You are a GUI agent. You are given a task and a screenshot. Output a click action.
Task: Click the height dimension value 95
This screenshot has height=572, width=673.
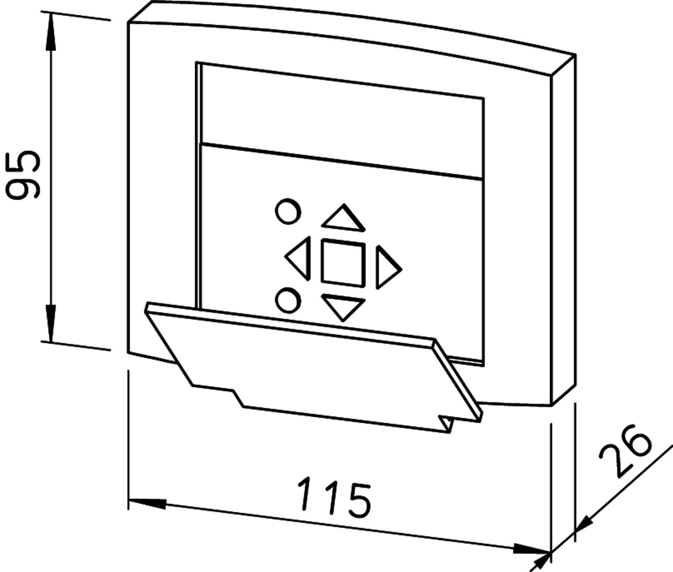pos(23,174)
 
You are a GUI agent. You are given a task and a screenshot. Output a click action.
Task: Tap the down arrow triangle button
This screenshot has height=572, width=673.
pos(343,306)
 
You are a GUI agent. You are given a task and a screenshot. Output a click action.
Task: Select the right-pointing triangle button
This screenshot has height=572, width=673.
pos(388,267)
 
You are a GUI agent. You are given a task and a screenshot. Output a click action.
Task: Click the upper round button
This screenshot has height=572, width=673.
pos(288,211)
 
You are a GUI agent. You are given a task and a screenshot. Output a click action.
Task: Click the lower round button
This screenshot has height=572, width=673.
pos(288,300)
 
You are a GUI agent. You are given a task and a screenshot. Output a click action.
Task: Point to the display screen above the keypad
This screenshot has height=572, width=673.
pos(342,121)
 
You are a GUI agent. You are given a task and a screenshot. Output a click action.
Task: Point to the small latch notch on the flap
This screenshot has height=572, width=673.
pos(445,424)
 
